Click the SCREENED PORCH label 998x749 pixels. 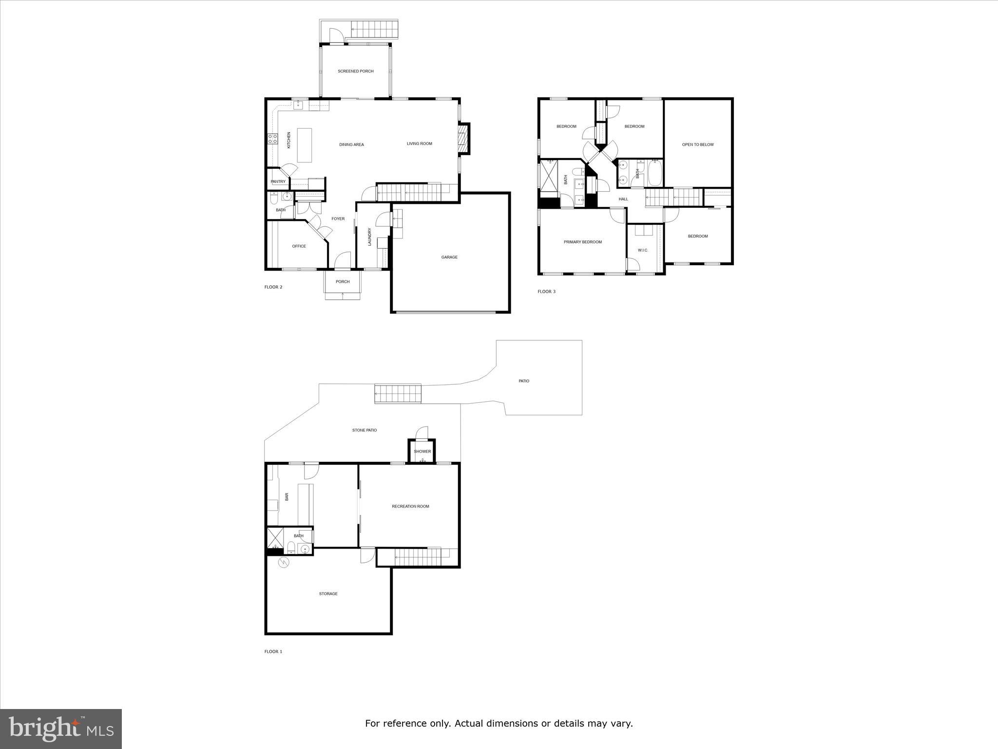(356, 71)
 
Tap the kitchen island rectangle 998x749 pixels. (305, 145)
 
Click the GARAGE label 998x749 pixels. (449, 257)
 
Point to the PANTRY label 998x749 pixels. (278, 182)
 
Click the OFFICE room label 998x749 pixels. (299, 246)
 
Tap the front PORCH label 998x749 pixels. (343, 282)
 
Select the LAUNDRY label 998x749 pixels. (370, 237)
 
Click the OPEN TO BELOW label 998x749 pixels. (697, 145)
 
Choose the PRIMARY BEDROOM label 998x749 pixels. (582, 242)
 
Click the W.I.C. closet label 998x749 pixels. (643, 251)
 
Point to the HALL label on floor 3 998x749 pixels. (623, 199)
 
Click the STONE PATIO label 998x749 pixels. (365, 431)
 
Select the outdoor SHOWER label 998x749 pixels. (422, 452)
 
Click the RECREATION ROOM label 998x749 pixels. (410, 507)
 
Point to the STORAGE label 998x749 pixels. (328, 594)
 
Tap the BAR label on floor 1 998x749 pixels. (287, 497)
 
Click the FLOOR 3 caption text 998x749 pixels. (546, 292)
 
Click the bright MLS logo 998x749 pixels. (61, 729)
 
